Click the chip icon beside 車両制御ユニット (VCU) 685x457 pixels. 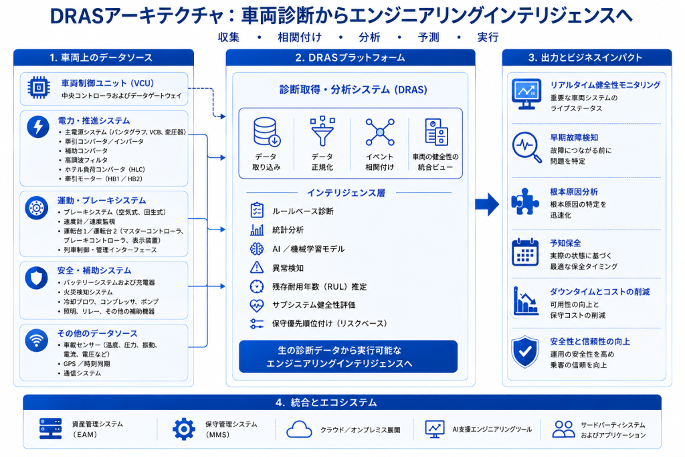tap(38, 88)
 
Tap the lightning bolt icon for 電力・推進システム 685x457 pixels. tap(38, 126)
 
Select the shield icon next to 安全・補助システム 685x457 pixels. tap(36, 278)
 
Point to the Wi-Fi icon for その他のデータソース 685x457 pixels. tap(36, 341)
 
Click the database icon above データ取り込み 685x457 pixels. tap(266, 132)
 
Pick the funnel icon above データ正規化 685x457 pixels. tap(322, 131)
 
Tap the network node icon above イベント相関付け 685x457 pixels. tap(380, 132)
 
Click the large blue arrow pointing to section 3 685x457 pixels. tap(487, 204)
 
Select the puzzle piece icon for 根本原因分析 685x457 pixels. tap(525, 201)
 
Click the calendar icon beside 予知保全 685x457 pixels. tap(525, 252)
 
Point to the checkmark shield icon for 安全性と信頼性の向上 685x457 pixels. tap(525, 352)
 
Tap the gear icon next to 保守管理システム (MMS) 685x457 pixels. tap(184, 429)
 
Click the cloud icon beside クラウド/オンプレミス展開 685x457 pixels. tap(299, 430)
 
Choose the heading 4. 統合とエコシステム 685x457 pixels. tap(326, 402)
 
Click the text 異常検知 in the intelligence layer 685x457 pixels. tap(288, 268)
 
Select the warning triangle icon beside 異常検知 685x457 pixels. tap(257, 267)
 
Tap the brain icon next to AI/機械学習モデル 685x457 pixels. tap(257, 249)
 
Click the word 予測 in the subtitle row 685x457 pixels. tap(429, 37)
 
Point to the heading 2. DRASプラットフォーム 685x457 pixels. tap(351, 58)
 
